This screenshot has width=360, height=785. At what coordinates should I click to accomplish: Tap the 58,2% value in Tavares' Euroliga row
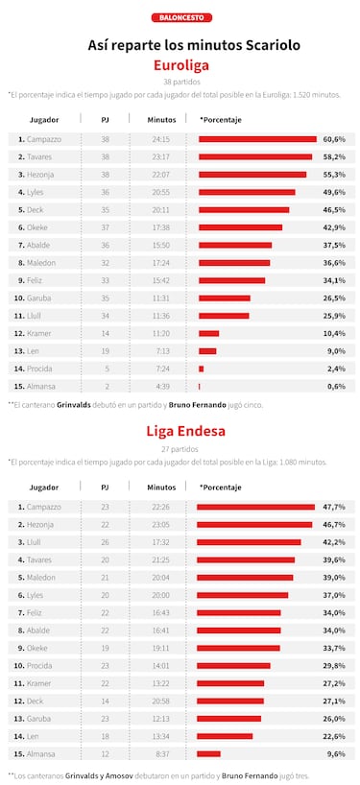pos(334,156)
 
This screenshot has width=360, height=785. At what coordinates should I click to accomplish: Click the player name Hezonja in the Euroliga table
pos(41,174)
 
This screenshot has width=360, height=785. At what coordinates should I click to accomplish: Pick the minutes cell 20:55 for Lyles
pos(161,192)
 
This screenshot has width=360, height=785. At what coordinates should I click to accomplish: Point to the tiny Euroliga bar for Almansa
pos(200,386)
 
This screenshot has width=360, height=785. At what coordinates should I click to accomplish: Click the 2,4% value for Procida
pos(336,369)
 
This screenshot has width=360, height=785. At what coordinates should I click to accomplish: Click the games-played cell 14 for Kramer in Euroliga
pos(105,333)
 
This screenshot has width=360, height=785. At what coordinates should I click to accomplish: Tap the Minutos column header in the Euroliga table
pos(161,119)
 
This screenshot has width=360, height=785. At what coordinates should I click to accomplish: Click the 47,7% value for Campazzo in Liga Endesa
pos(334,507)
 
